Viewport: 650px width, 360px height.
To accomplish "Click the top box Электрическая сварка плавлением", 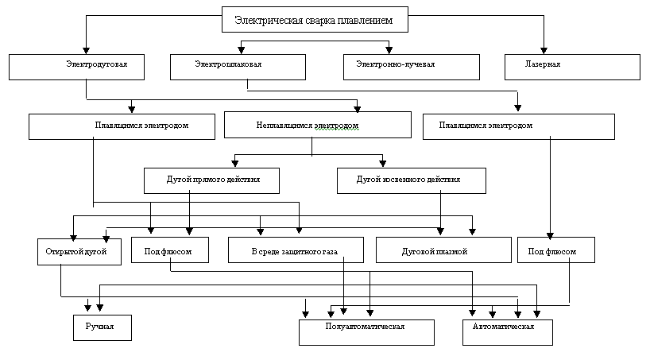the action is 315,20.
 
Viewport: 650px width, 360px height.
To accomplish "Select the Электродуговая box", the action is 77,67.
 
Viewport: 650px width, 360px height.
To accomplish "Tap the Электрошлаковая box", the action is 238,67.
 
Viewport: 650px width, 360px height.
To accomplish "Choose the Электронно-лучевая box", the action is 412,67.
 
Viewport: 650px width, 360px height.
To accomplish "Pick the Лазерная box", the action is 572,67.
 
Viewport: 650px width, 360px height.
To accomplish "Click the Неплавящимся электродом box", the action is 318,125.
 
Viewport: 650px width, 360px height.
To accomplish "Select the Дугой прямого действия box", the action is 212,180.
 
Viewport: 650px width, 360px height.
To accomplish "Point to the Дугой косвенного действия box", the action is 412,180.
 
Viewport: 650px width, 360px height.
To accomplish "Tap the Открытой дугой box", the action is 79,252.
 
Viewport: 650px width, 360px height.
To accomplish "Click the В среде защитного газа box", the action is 296,250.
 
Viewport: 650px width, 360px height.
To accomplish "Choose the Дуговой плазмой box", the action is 443,250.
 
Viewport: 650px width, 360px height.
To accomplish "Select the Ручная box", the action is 103,327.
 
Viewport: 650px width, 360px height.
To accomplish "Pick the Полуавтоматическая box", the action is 367,332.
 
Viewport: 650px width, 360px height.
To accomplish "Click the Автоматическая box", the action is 508,332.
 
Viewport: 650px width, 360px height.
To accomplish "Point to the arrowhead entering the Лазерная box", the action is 544,51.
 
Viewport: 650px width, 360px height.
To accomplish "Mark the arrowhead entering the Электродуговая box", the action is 87,51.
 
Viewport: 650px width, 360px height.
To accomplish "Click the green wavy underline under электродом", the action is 336,130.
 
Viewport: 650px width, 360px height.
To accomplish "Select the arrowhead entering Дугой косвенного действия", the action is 383,164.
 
